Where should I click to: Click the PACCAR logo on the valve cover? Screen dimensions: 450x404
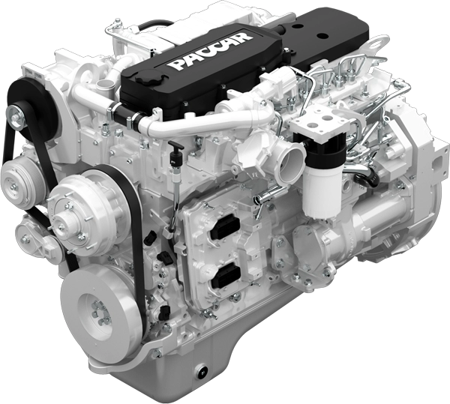pos(210,51)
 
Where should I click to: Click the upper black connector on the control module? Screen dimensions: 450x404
pos(226,228)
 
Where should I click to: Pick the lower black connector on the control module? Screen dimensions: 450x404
pos(226,277)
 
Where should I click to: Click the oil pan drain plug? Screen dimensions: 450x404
pos(201,372)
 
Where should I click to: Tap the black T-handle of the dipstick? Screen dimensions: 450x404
pos(175,145)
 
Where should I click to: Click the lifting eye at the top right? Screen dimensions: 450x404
pos(379,43)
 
